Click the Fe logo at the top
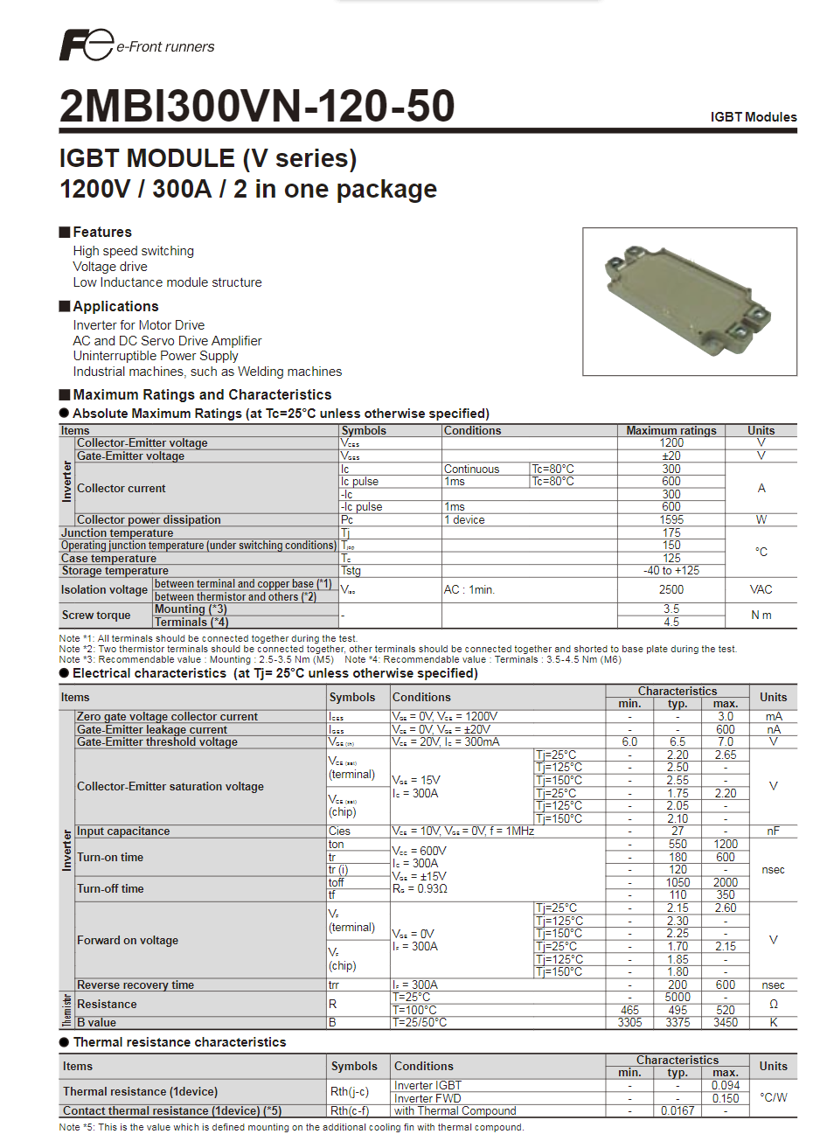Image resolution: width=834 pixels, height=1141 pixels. coord(86,45)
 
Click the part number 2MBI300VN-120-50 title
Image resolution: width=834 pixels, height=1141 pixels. coord(257,107)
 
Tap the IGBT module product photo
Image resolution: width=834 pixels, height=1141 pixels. coord(689,302)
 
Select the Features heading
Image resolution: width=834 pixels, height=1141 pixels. coord(101,232)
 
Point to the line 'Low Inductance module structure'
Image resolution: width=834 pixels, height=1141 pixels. coord(167,282)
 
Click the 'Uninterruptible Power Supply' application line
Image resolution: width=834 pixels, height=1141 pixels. coord(155,356)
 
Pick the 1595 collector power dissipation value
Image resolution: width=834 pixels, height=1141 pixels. coord(671,519)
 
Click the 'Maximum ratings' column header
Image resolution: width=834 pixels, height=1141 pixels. coord(671,430)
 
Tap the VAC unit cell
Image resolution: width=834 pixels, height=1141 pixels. coord(761,589)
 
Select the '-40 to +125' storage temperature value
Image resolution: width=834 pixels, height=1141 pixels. coord(671,570)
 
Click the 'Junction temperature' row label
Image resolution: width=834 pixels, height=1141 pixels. coord(117,532)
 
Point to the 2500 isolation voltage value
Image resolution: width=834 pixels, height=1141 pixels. coord(671,589)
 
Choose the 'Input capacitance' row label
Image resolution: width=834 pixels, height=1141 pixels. coord(123,831)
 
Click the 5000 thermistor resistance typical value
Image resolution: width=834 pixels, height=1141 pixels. coord(677,997)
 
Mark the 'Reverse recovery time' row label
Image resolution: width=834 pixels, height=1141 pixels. coord(136,984)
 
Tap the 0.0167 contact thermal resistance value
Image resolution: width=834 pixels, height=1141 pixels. coord(677,1110)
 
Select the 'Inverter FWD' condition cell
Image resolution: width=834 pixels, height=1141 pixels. coord(427,1098)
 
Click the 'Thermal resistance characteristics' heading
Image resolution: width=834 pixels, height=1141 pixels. coord(179,1042)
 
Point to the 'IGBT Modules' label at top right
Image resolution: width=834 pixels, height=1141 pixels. coord(753,117)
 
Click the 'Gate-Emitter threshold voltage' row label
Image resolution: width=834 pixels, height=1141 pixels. coord(157,741)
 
